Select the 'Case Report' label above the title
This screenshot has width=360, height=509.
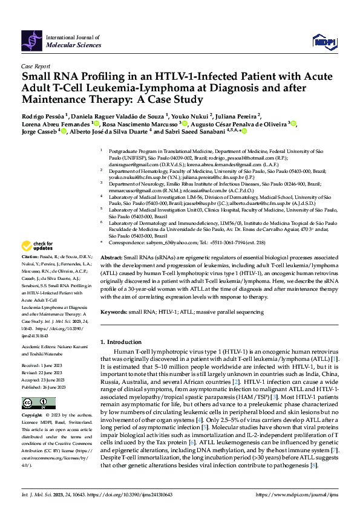[35, 66]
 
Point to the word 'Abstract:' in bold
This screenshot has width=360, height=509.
[111, 274]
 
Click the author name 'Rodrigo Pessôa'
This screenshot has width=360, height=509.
[45, 115]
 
